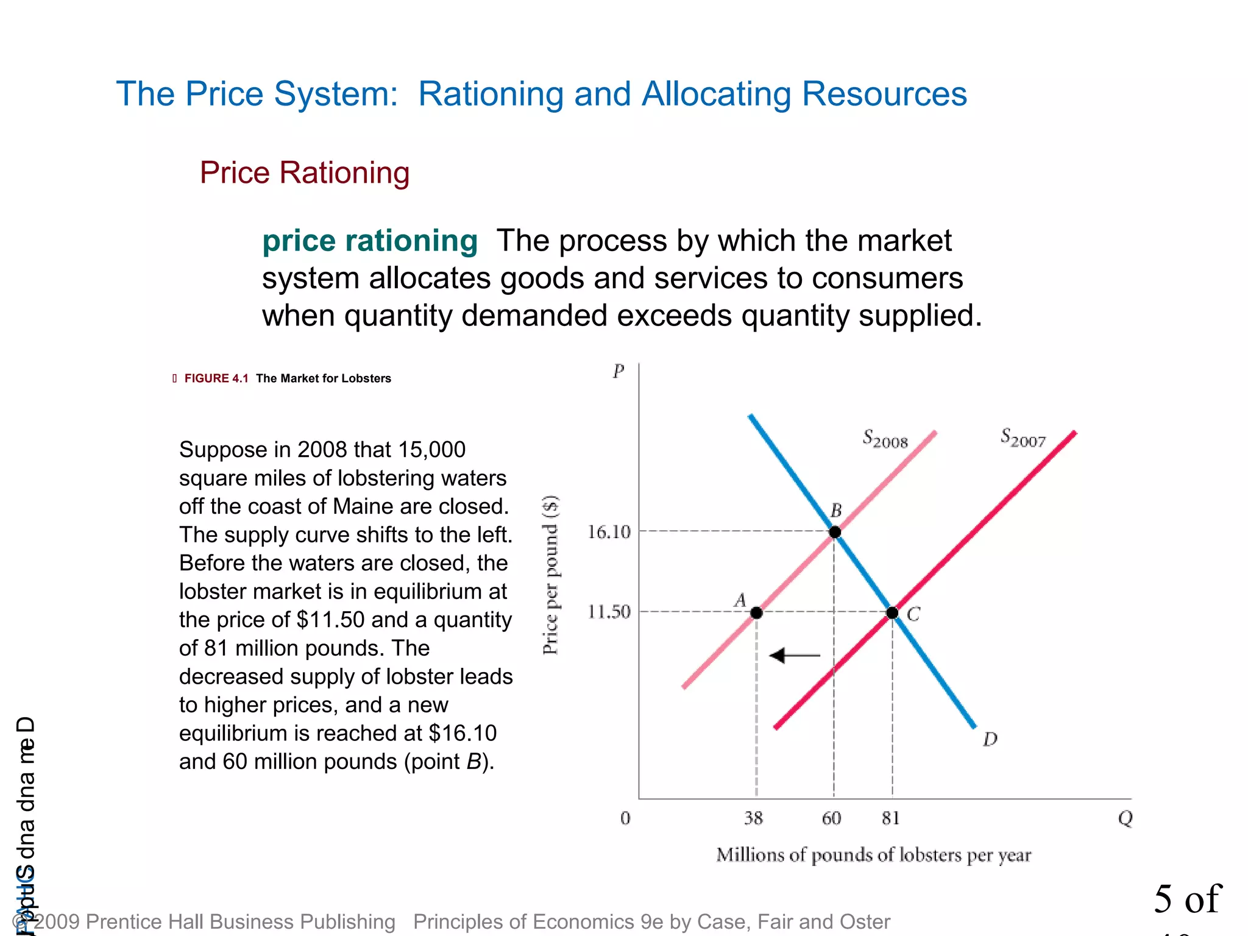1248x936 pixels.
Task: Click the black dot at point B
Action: point(835,532)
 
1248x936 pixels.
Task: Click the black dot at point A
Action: point(756,612)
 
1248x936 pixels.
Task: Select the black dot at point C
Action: point(892,612)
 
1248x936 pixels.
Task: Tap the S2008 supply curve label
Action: point(885,439)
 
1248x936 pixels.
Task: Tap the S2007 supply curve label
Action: point(1023,438)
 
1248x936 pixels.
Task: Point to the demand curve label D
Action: point(990,739)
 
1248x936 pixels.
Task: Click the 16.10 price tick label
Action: point(608,532)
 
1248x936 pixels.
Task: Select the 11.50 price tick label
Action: point(608,611)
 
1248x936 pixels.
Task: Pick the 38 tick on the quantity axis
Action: point(753,818)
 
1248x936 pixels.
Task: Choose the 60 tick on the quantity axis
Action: point(831,818)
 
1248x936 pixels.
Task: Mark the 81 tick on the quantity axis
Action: point(890,818)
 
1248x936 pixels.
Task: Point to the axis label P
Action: point(619,371)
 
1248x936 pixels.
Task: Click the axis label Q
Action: point(1125,818)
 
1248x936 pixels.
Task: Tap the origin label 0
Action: point(625,818)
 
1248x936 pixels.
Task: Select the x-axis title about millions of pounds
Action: point(873,855)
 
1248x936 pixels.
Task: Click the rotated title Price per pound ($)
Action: point(550,575)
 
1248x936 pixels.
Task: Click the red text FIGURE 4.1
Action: point(216,378)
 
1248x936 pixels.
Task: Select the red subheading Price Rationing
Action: point(305,172)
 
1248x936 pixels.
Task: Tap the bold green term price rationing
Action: point(370,241)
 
